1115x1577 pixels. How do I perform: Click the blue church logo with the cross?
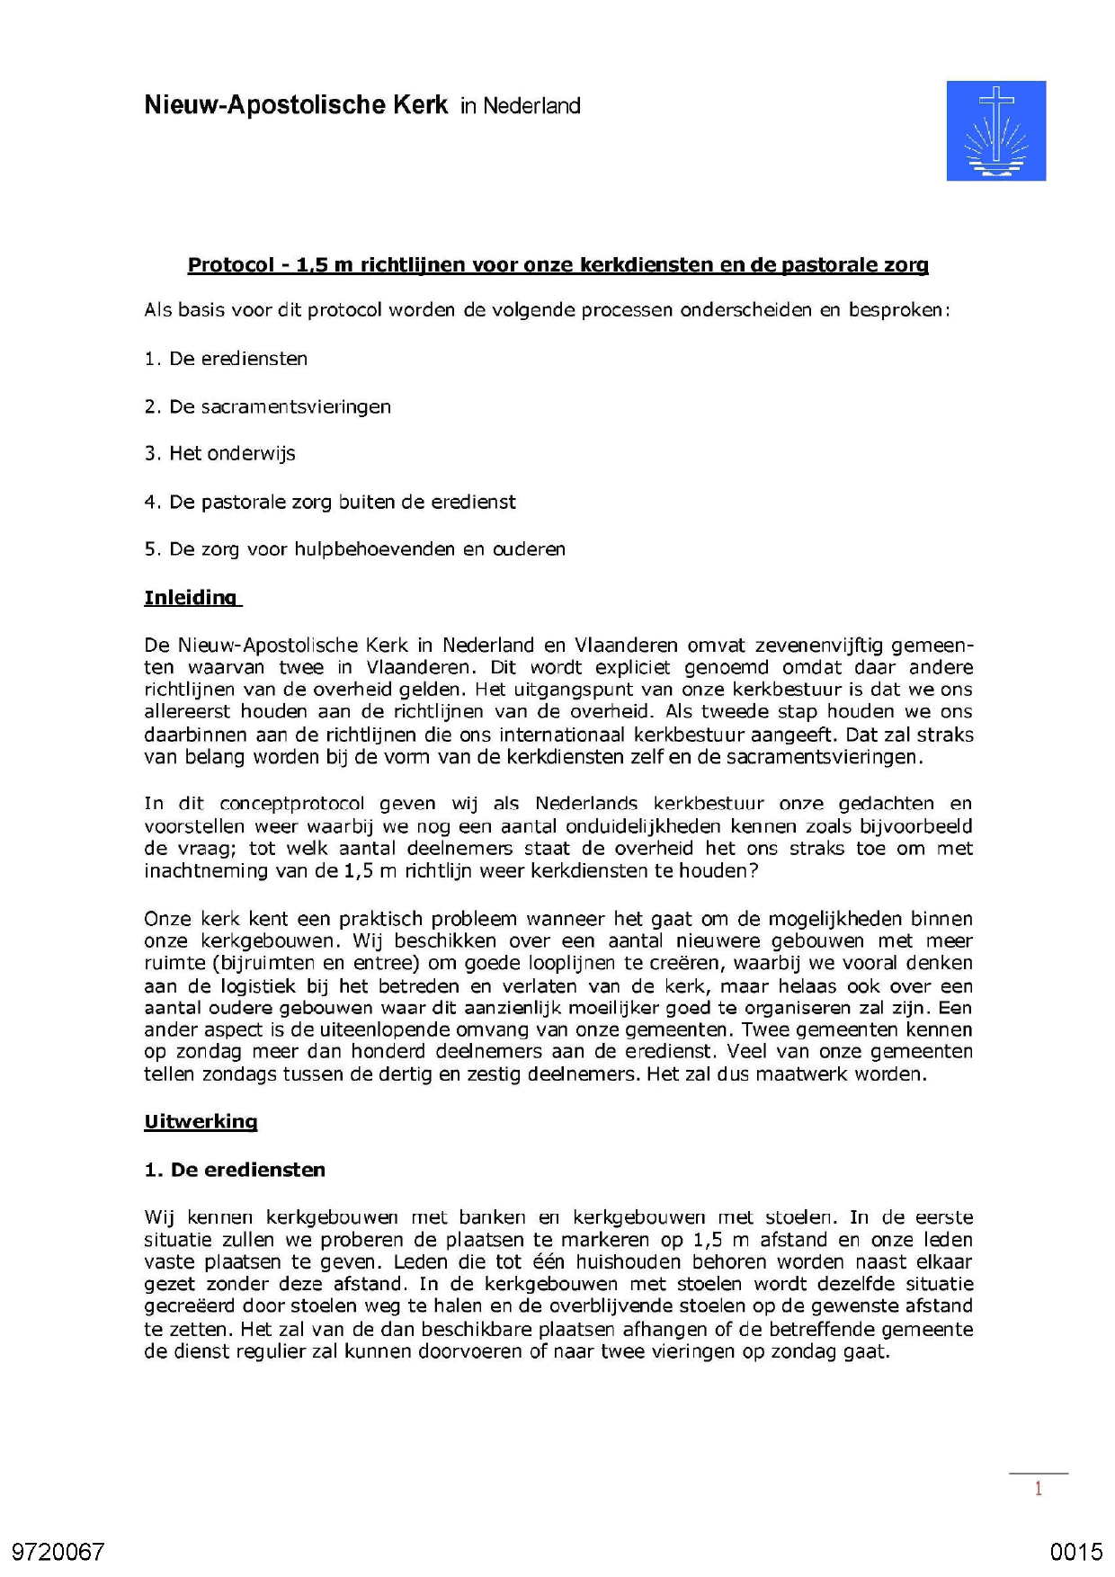(995, 130)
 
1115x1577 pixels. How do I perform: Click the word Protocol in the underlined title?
(230, 265)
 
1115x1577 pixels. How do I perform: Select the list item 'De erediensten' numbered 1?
(226, 359)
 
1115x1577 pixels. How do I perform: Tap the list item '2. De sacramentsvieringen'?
(267, 406)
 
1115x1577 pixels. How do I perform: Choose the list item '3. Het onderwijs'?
(219, 454)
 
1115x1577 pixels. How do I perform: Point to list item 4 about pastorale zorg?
(330, 502)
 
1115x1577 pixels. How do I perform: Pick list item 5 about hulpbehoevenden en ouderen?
(354, 549)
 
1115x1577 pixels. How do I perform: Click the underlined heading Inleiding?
(191, 598)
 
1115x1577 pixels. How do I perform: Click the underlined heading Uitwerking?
(201, 1122)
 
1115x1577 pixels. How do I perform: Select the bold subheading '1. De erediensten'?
(235, 1170)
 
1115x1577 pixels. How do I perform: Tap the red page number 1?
(1038, 1489)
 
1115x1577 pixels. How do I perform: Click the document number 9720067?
(58, 1552)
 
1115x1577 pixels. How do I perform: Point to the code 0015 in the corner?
(1075, 1552)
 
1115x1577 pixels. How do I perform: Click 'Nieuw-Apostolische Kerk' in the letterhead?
(296, 105)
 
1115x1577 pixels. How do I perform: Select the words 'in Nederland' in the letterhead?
(520, 106)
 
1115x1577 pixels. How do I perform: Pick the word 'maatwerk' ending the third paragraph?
(797, 1074)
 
